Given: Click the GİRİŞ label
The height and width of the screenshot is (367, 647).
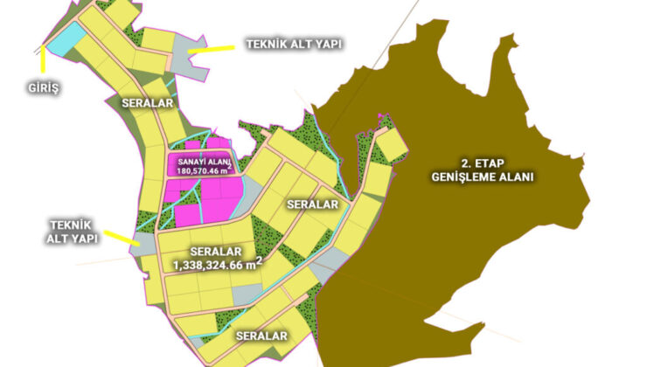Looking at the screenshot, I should tap(39, 88).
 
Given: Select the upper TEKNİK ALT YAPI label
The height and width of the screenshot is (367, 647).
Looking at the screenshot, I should tap(291, 44).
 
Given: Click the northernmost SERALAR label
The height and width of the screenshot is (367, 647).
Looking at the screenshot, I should tap(146, 102).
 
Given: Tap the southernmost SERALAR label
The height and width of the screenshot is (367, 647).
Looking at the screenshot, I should tap(261, 336).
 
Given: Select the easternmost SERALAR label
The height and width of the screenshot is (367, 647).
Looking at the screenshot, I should tap(312, 204).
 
